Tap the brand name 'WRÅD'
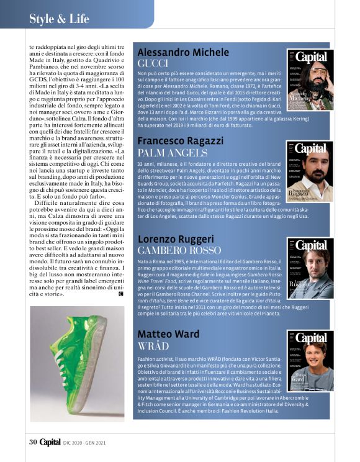(x=153, y=347)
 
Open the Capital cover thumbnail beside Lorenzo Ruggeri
(x=310, y=268)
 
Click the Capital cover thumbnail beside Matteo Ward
(x=310, y=361)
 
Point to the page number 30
(x=33, y=442)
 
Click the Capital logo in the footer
(x=50, y=442)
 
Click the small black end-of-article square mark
(x=120, y=294)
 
